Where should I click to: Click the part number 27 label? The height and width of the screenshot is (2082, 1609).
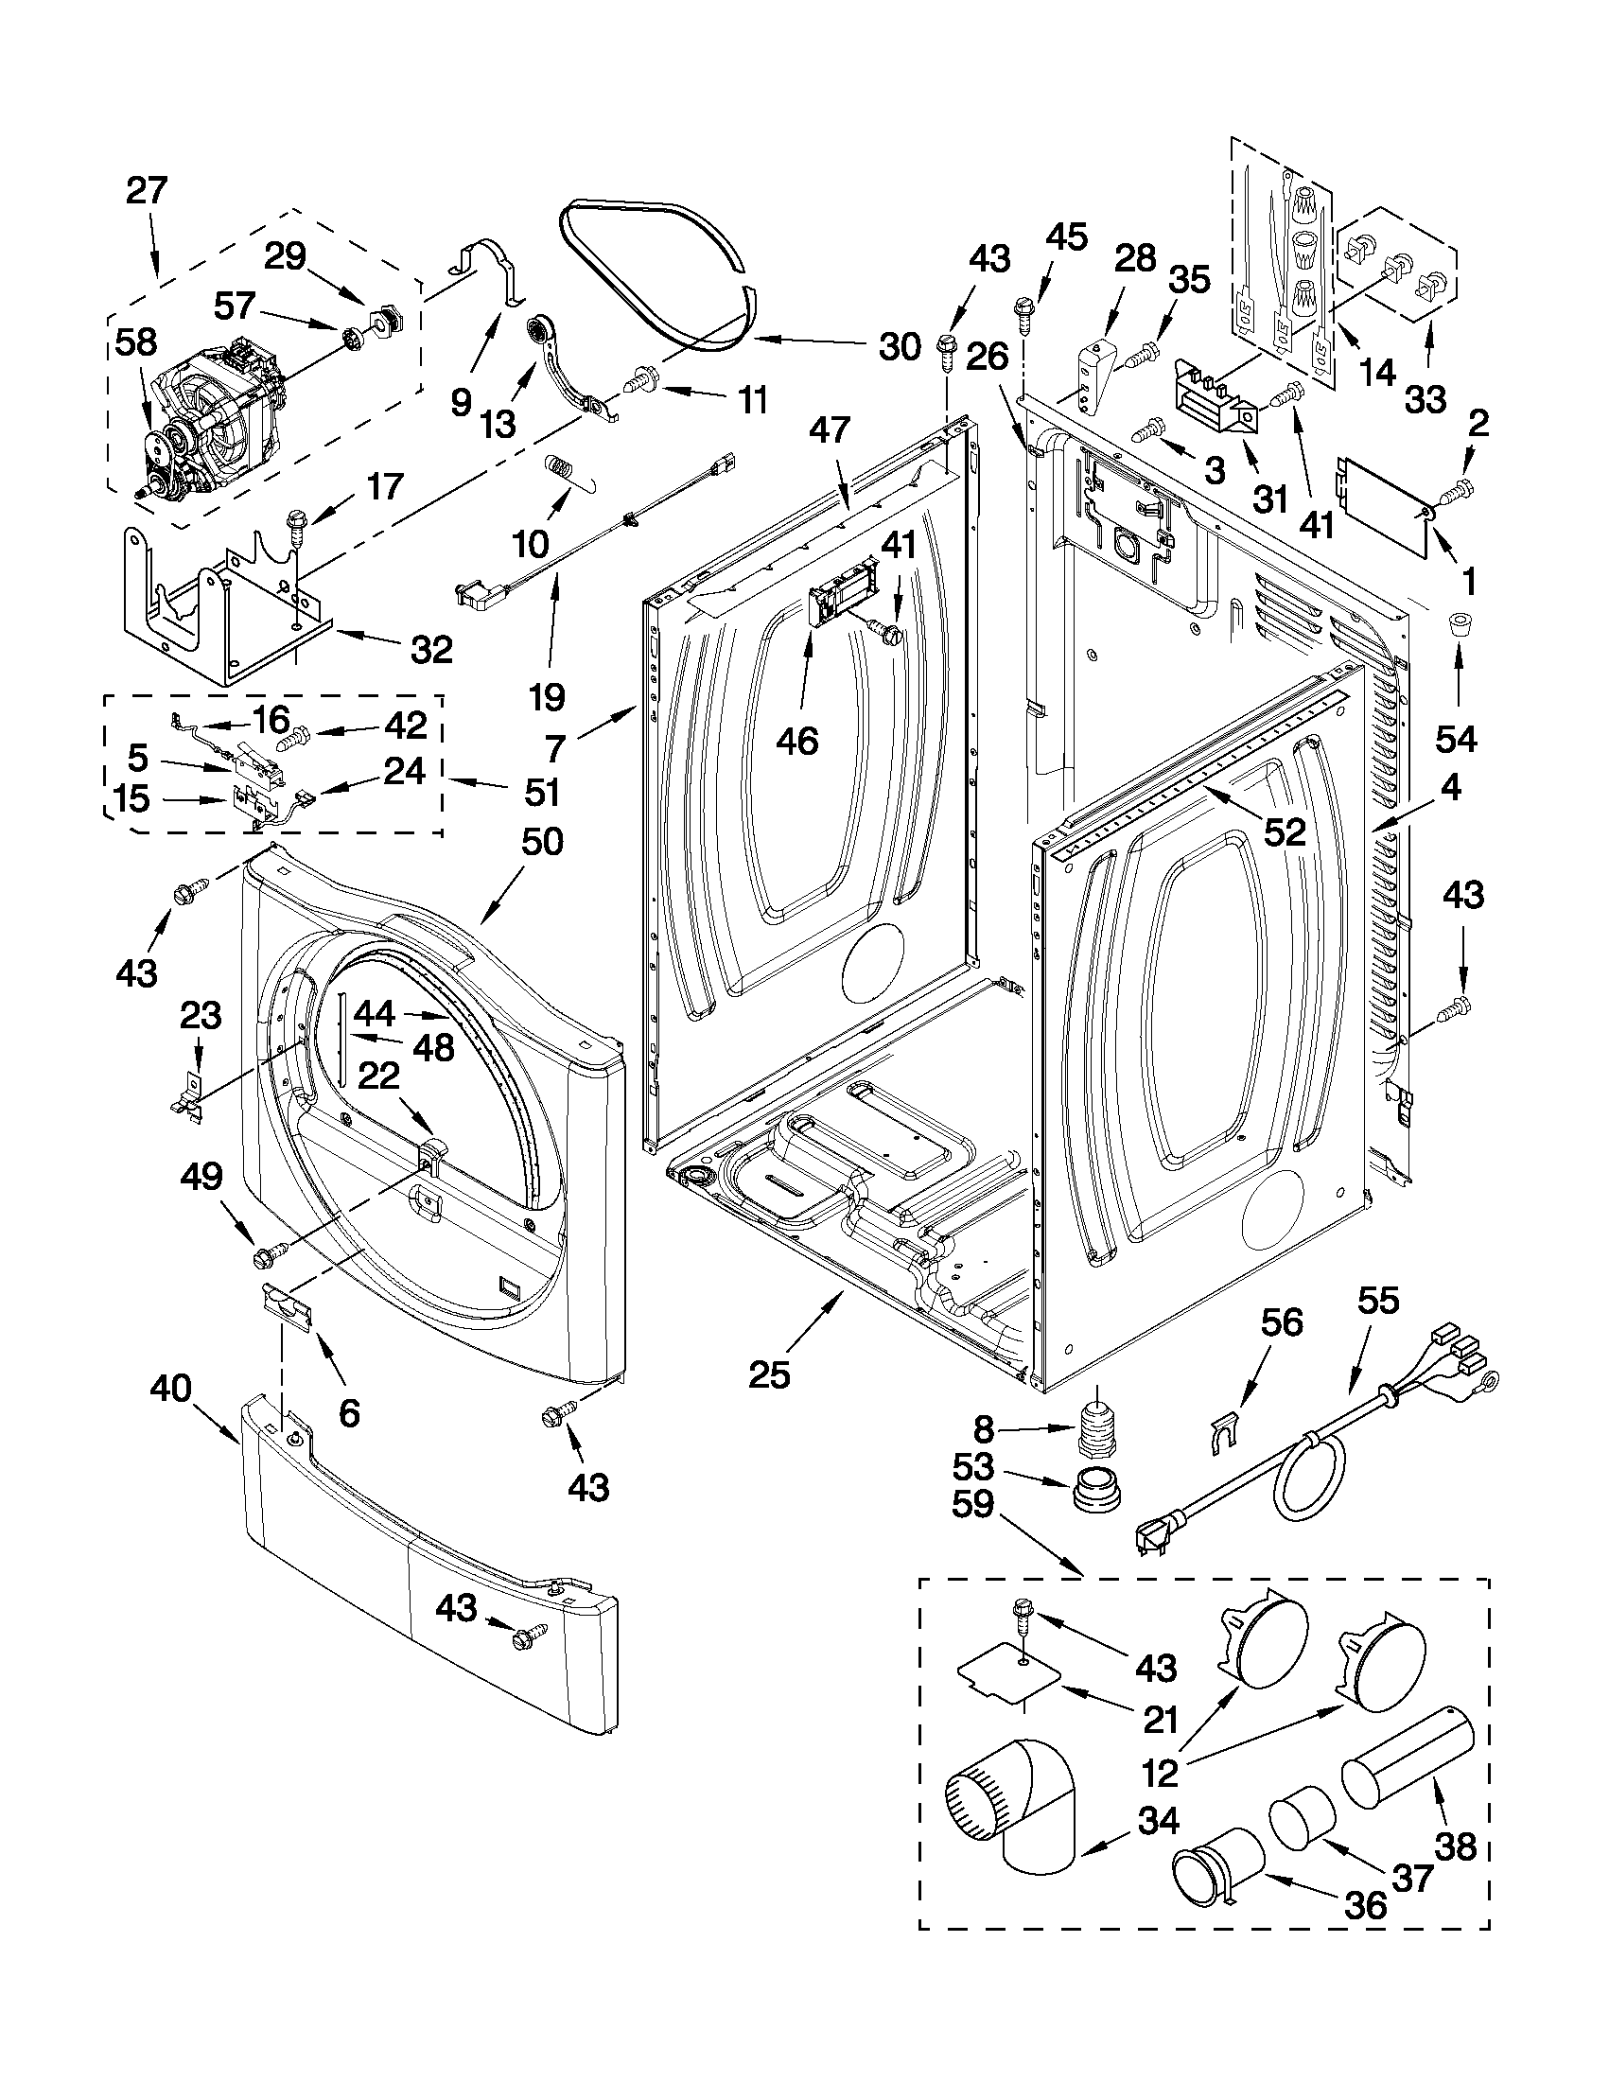[147, 191]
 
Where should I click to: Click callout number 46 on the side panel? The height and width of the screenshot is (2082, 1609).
[796, 740]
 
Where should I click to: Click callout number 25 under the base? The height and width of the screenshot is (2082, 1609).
[769, 1373]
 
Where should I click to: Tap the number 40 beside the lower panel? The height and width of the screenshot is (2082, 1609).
[170, 1389]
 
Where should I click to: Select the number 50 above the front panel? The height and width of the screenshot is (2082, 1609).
[541, 841]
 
